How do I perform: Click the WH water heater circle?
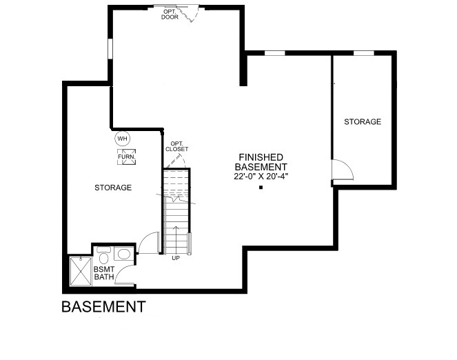tap(123, 139)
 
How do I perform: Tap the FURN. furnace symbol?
tap(127, 157)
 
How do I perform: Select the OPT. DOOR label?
tap(170, 14)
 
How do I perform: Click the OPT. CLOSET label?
tap(176, 146)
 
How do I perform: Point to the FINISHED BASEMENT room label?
tap(261, 162)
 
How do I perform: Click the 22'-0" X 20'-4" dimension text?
tap(261, 177)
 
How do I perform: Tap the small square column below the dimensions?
tap(261, 188)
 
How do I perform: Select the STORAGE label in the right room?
tap(363, 121)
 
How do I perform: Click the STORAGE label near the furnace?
tap(113, 188)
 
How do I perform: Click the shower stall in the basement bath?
tap(81, 271)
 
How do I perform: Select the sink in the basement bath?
tap(124, 254)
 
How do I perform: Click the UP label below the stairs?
tap(176, 258)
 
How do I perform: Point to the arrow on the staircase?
tap(176, 240)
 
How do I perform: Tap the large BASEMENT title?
tap(104, 307)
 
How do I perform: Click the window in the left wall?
tap(110, 49)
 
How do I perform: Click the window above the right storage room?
tap(363, 53)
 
